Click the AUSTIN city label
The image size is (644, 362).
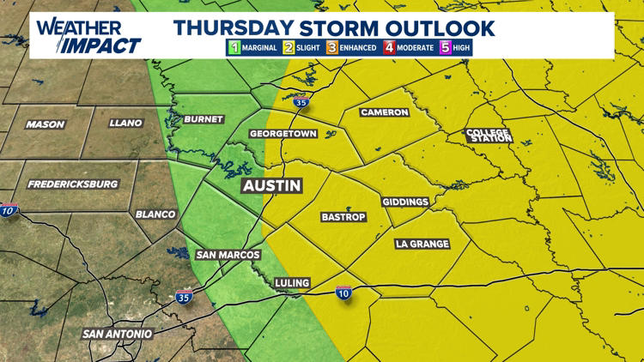[271, 186]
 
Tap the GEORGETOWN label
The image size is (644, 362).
[283, 135]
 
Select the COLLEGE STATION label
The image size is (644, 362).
[487, 135]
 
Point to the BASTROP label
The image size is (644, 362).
[343, 216]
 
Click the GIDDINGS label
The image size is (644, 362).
[405, 202]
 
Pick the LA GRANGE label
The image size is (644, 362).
[422, 244]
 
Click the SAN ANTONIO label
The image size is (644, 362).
[118, 333]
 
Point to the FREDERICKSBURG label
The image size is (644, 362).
[73, 184]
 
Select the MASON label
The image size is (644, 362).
[46, 124]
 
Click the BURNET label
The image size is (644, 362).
[204, 119]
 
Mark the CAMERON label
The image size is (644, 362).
[384, 112]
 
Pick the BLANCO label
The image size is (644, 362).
[155, 214]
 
